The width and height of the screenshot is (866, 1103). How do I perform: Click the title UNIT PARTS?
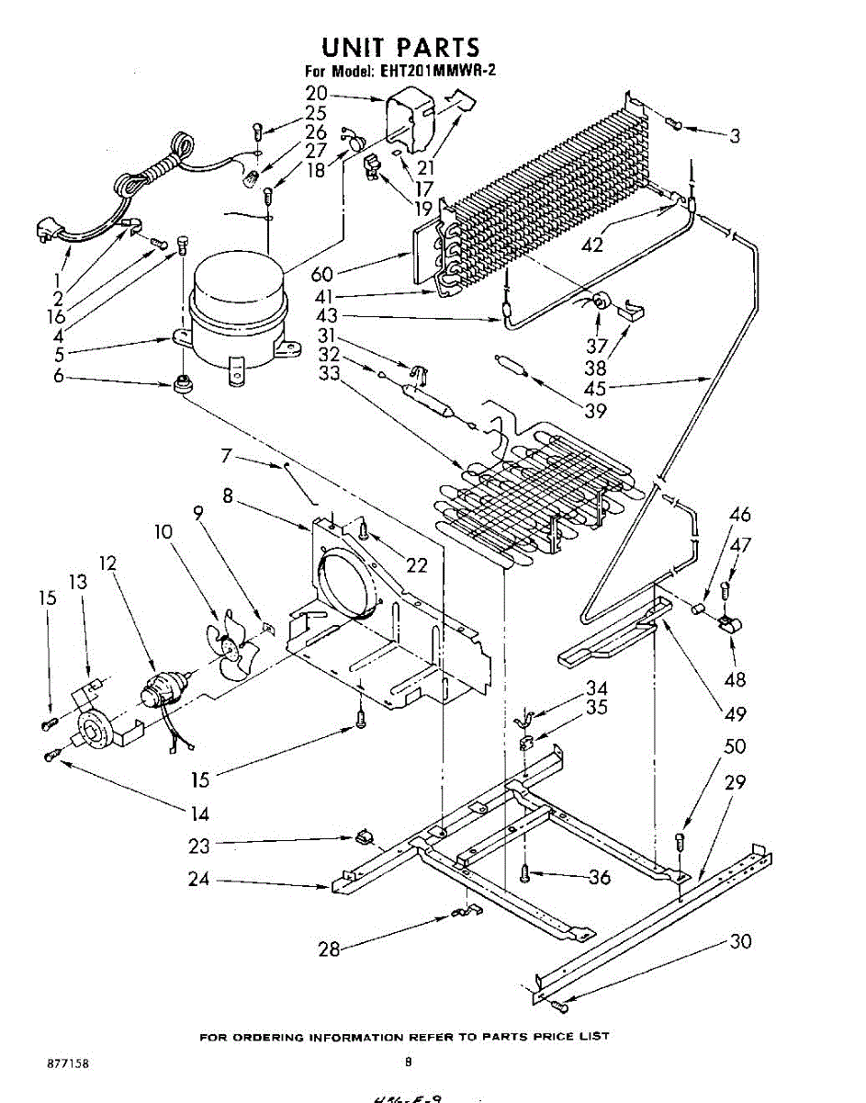pyautogui.click(x=400, y=47)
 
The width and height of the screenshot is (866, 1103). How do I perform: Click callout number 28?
pyautogui.click(x=328, y=949)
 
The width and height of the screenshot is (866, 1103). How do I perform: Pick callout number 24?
pyautogui.click(x=199, y=880)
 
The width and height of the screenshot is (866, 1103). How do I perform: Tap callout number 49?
pyautogui.click(x=735, y=713)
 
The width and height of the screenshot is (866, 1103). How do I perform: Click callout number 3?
pyautogui.click(x=735, y=137)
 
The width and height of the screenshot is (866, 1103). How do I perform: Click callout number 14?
pyautogui.click(x=199, y=813)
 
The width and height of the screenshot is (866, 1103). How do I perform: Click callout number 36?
pyautogui.click(x=599, y=878)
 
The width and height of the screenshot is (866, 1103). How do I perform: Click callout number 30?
pyautogui.click(x=740, y=941)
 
